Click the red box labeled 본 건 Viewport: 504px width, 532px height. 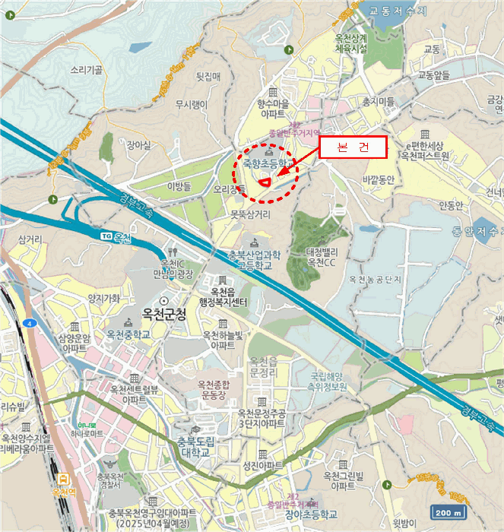[352, 147]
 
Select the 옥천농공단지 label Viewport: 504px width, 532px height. [376, 280]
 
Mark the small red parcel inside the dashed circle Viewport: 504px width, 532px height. [265, 181]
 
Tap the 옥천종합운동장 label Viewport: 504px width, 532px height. [217, 390]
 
